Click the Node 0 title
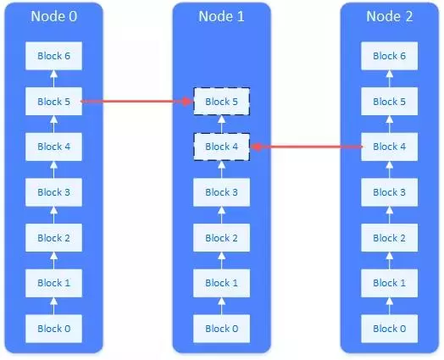tap(53, 17)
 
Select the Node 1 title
tap(221, 17)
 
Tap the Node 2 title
tap(390, 17)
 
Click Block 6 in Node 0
tap(53, 56)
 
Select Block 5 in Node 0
tap(53, 102)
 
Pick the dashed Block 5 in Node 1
tap(221, 102)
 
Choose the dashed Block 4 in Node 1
tap(221, 147)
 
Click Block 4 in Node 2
tap(390, 147)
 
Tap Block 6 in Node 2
tap(390, 56)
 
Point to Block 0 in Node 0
tap(53, 328)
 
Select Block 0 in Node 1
tap(221, 328)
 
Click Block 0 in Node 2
tap(390, 328)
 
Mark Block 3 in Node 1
tap(221, 192)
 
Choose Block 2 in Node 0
tap(53, 238)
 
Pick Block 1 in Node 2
tap(390, 283)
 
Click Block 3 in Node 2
tap(390, 192)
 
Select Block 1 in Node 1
tap(221, 283)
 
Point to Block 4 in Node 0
tap(53, 147)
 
